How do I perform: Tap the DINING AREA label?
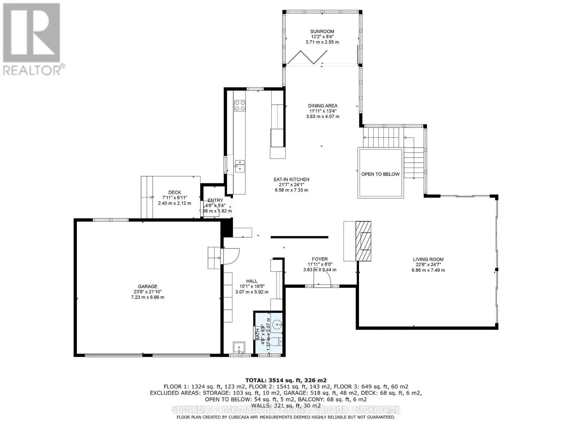(x=322, y=106)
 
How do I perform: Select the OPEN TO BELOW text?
(x=380, y=174)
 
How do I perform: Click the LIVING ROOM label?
(x=428, y=260)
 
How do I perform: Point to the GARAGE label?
(x=148, y=286)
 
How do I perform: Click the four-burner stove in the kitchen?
(x=240, y=105)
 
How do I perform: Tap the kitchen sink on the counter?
(x=240, y=166)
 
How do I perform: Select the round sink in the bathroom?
(x=277, y=325)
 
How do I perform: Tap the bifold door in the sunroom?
(x=307, y=57)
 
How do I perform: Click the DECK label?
(x=175, y=192)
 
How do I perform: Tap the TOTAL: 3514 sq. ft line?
(x=286, y=380)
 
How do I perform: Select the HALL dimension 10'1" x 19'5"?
(x=252, y=286)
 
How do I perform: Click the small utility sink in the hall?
(x=238, y=346)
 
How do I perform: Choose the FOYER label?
(x=320, y=259)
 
